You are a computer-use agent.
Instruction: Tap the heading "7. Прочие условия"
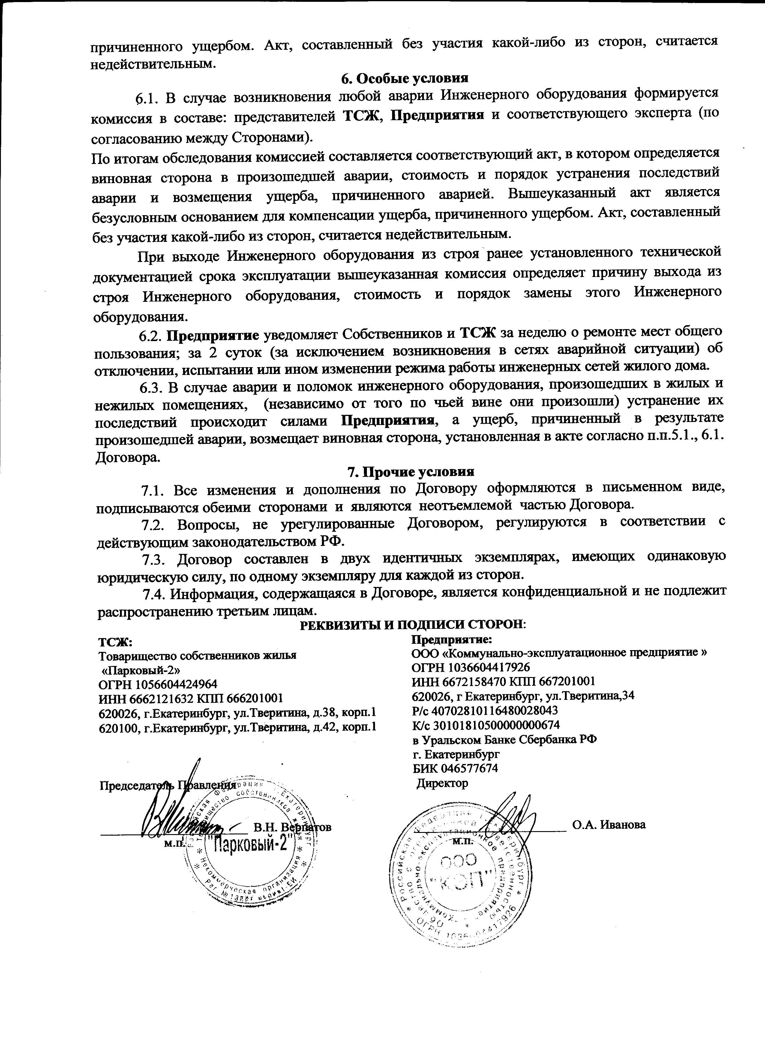[x=411, y=472]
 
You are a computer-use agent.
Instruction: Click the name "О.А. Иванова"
[x=609, y=825]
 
